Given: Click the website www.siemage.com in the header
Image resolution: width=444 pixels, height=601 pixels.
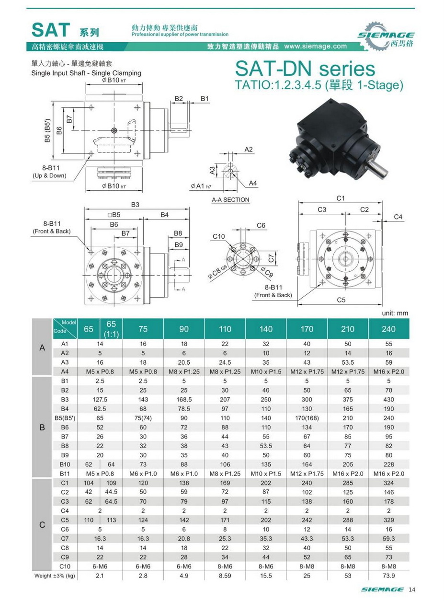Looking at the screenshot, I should pyautogui.click(x=315, y=46).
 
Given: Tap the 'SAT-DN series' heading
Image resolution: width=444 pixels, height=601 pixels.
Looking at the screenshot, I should pyautogui.click(x=305, y=69).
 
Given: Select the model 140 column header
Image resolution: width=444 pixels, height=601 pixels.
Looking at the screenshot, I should pyautogui.click(x=266, y=329).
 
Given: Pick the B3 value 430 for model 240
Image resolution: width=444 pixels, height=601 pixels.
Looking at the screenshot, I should pyautogui.click(x=389, y=399).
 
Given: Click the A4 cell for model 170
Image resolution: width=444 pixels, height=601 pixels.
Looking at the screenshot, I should pyautogui.click(x=307, y=371).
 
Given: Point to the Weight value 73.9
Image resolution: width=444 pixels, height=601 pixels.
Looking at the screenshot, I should pyautogui.click(x=389, y=576).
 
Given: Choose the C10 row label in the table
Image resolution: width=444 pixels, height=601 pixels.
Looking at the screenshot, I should pyautogui.click(x=65, y=566).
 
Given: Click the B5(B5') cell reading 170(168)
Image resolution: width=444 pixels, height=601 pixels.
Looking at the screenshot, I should pyautogui.click(x=307, y=417).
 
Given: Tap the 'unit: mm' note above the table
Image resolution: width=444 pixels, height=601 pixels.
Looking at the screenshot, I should pyautogui.click(x=395, y=313).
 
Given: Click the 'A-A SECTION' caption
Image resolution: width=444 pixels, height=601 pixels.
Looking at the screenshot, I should pyautogui.click(x=230, y=200).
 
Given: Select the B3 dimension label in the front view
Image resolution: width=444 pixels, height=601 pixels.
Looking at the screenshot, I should pyautogui.click(x=136, y=205).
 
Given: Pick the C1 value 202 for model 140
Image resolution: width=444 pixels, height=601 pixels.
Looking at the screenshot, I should pyautogui.click(x=266, y=483).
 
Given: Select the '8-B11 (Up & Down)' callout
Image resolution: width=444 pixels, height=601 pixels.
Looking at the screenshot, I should pyautogui.click(x=49, y=172).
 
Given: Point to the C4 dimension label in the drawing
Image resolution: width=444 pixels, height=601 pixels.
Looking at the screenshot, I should pyautogui.click(x=398, y=217).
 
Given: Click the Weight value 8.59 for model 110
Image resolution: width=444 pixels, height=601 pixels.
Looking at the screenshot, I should pyautogui.click(x=225, y=576).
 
